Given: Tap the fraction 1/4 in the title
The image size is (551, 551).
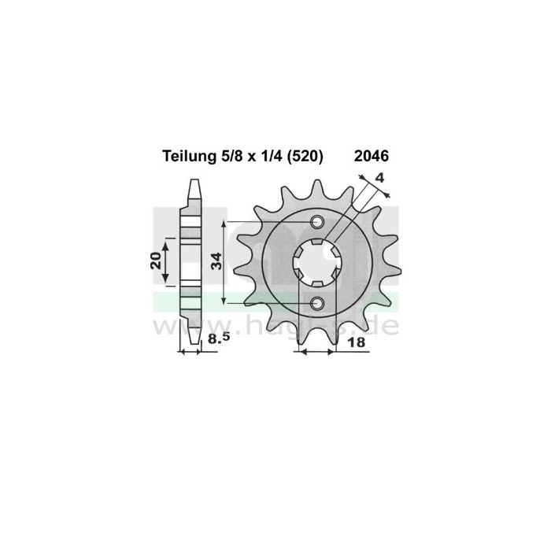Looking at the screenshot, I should [x=264, y=157].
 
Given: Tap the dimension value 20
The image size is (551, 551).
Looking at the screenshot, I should [x=156, y=261].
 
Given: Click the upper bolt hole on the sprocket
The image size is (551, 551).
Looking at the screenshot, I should [x=318, y=222].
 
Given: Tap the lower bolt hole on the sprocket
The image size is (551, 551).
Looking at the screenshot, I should [x=318, y=303].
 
